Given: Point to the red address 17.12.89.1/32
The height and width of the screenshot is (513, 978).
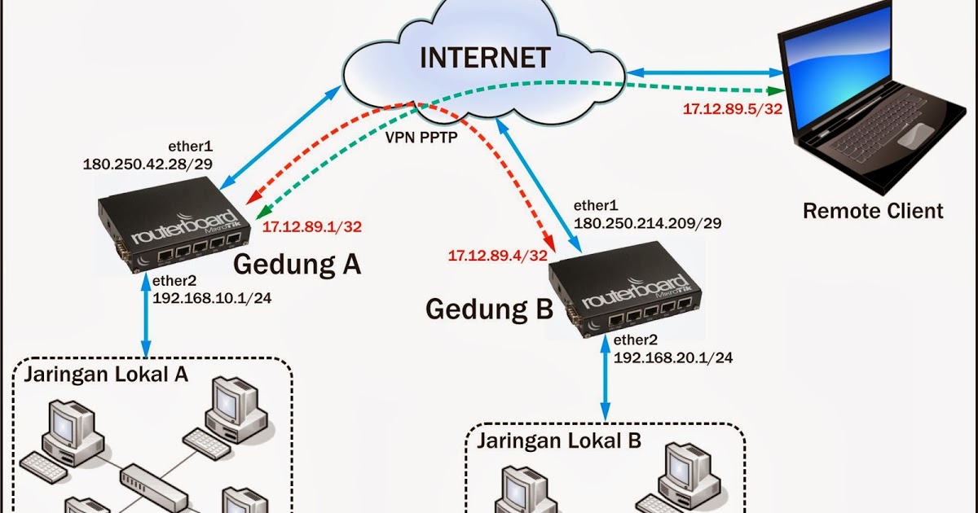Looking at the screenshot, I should point(312,226).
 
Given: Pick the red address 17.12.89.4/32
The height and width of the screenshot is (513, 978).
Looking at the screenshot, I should point(497,255).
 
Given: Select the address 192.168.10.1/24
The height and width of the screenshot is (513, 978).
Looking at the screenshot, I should point(212,298).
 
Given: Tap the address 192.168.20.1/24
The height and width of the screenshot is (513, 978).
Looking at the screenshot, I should point(673,357).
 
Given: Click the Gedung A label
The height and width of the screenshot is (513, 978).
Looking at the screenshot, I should point(297,265).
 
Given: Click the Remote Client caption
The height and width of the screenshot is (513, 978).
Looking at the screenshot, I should point(873,211).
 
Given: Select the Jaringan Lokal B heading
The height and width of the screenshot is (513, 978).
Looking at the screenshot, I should point(559,441).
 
